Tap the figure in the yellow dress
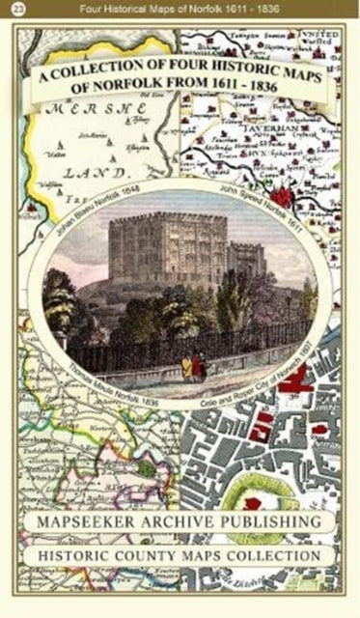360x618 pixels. (186, 366)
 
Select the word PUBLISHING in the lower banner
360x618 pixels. (269, 521)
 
